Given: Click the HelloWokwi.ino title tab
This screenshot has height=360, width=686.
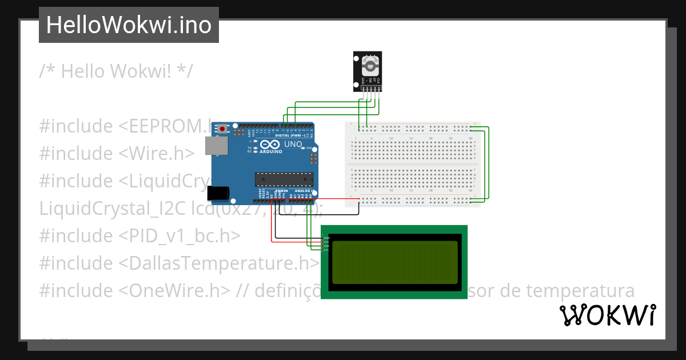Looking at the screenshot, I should pyautogui.click(x=129, y=25).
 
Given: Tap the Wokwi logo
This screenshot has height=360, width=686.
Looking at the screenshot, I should pyautogui.click(x=607, y=315).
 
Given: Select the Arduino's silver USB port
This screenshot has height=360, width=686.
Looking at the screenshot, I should pyautogui.click(x=216, y=146).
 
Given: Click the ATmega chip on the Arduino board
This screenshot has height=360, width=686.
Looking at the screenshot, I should pyautogui.click(x=284, y=179).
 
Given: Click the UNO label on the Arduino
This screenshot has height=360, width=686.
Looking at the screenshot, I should pyautogui.click(x=293, y=145).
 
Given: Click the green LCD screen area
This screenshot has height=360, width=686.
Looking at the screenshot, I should pyautogui.click(x=394, y=262).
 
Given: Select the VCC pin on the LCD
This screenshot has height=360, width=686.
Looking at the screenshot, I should pyautogui.click(x=326, y=242).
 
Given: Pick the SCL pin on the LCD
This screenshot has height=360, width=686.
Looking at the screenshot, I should pyautogui.click(x=326, y=250).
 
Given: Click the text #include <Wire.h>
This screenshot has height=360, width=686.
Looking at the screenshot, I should pyautogui.click(x=117, y=153).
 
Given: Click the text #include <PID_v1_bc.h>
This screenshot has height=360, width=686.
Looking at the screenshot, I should pyautogui.click(x=139, y=235).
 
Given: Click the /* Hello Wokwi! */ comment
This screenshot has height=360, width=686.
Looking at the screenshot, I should pyautogui.click(x=116, y=71).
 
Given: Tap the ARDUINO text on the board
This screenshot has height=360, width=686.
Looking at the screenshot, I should pyautogui.click(x=271, y=151).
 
